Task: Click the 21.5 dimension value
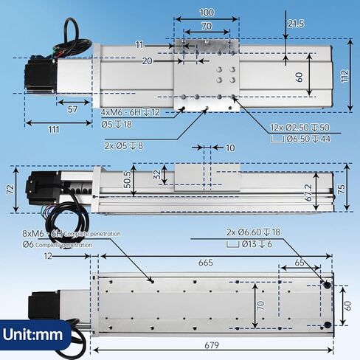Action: tap(295, 24)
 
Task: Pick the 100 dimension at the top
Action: tap(207, 13)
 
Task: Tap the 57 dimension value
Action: tap(72, 108)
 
